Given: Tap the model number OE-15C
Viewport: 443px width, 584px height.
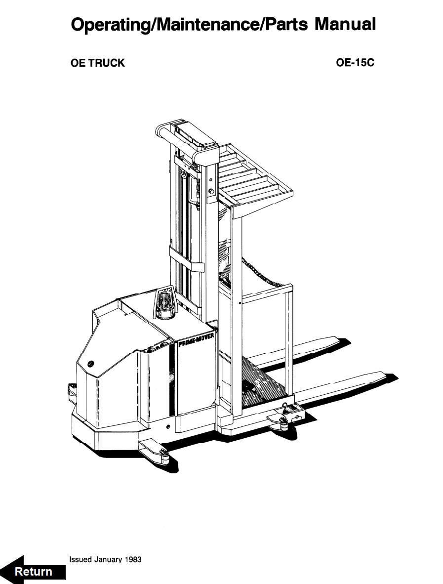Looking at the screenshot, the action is click(x=355, y=63).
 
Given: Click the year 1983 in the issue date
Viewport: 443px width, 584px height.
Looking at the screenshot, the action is click(x=133, y=559).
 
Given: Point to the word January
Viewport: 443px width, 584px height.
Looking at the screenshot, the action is click(x=108, y=559).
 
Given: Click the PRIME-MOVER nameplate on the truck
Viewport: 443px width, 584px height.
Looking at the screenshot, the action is click(x=196, y=339).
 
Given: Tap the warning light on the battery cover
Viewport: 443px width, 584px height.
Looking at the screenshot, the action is click(x=165, y=303).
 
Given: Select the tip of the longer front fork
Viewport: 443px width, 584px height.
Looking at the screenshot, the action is click(x=385, y=375).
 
